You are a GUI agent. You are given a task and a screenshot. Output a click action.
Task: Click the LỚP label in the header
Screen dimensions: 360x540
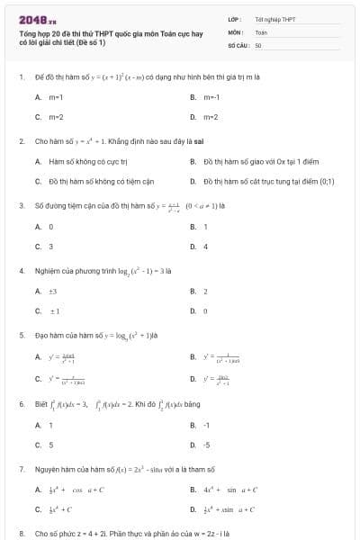(x=232, y=19)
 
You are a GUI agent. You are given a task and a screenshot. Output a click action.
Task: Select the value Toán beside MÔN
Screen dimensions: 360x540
(x=261, y=31)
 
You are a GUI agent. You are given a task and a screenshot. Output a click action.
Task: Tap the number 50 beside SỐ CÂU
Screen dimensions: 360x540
(x=258, y=44)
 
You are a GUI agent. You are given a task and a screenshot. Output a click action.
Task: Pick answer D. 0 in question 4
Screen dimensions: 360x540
(x=205, y=310)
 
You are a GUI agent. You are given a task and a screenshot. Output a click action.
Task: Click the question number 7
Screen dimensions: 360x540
(x=21, y=469)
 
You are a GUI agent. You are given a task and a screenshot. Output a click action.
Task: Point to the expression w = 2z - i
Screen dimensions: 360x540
(x=215, y=534)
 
